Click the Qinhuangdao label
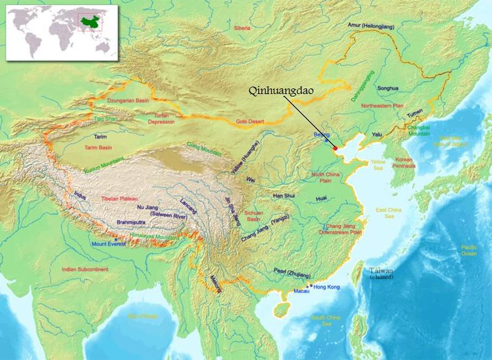[282, 90]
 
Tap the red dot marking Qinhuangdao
[335, 148]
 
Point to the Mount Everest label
[109, 244]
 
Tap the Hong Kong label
[326, 287]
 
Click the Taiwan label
[382, 271]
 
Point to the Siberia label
[242, 27]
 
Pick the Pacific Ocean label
[469, 250]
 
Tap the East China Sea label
[389, 213]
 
